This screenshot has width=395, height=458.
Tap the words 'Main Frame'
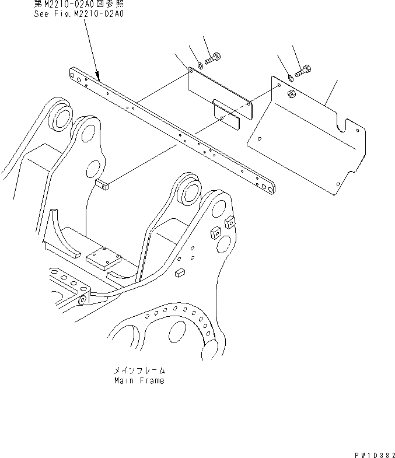(x=139, y=380)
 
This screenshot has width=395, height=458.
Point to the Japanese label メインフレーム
(x=139, y=370)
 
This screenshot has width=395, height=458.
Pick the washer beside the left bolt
(x=200, y=64)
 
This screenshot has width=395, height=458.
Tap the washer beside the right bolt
(x=290, y=78)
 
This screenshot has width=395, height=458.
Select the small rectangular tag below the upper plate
(x=226, y=115)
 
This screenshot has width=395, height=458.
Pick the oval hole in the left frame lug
(x=92, y=170)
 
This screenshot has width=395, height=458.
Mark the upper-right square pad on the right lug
(x=229, y=221)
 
